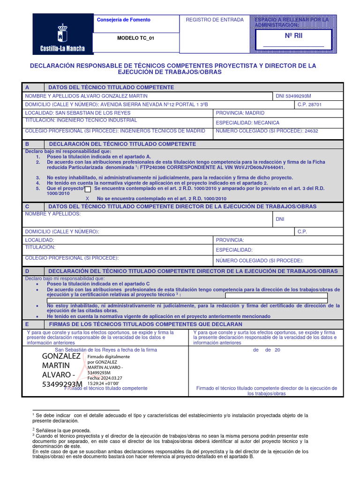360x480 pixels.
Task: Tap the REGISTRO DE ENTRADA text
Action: [215, 20]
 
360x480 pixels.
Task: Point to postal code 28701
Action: [315, 105]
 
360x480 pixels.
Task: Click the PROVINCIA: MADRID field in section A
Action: [240, 113]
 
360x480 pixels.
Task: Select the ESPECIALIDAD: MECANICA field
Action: [247, 122]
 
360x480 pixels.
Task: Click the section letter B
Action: [27, 144]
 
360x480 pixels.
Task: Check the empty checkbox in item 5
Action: [88, 189]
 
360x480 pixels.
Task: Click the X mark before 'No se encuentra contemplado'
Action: [88, 199]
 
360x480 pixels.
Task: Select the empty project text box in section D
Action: [276, 296]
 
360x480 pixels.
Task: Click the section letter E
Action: [27, 324]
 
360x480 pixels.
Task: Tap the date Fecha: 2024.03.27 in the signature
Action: [105, 378]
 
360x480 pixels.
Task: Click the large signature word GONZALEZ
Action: [61, 357]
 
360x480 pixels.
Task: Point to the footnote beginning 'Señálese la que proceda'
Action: [63, 430]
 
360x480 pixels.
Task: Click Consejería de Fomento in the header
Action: [123, 20]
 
